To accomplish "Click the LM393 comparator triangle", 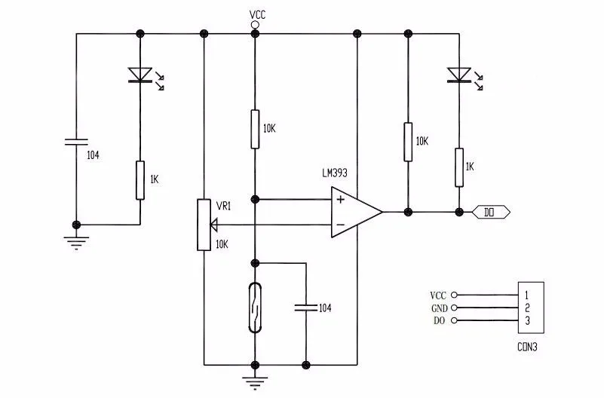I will pyautogui.click(x=353, y=212).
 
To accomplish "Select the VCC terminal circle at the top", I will pyautogui.click(x=255, y=24).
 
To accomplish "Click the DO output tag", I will pyautogui.click(x=492, y=212).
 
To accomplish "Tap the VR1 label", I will pyautogui.click(x=223, y=205).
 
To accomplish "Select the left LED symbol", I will pyautogui.click(x=141, y=74).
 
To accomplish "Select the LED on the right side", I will pyautogui.click(x=458, y=74).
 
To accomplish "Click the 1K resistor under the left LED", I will pyautogui.click(x=140, y=179).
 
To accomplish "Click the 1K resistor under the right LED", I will pyautogui.click(x=458, y=167).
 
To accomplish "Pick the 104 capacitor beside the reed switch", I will pyautogui.click(x=305, y=308).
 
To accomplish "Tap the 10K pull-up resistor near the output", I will pyautogui.click(x=408, y=142).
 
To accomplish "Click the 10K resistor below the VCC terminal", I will pyautogui.click(x=255, y=129).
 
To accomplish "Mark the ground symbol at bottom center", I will pyautogui.click(x=255, y=384).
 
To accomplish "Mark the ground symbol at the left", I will pyautogui.click(x=76, y=243).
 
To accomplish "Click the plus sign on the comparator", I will pyautogui.click(x=341, y=200).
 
